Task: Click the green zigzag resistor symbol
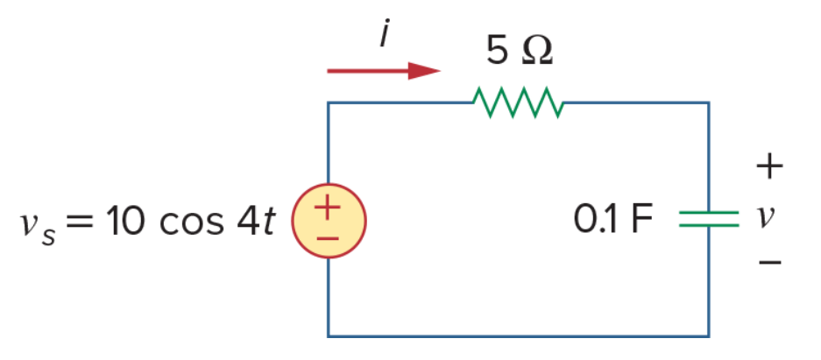(x=518, y=102)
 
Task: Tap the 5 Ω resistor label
(x=519, y=51)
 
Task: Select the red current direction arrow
(x=384, y=71)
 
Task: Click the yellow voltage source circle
(x=329, y=221)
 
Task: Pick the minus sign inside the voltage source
(x=328, y=238)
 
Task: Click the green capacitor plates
(x=709, y=219)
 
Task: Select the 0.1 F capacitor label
(x=613, y=220)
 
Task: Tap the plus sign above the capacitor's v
(x=769, y=167)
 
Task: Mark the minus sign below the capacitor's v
(x=769, y=261)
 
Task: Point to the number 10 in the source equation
(x=124, y=221)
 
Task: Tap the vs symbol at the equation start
(x=38, y=227)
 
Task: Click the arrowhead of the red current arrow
(x=424, y=71)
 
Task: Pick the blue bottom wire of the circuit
(x=519, y=336)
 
